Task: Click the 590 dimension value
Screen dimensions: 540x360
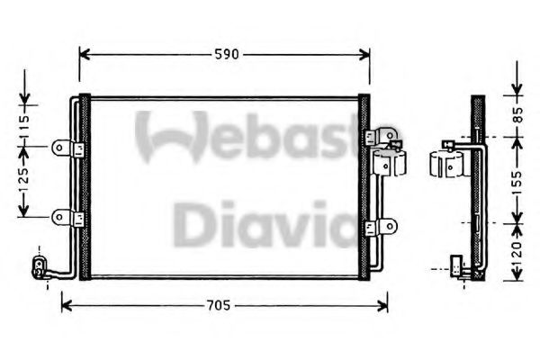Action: (x=226, y=54)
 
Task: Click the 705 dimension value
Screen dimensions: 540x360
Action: (x=218, y=305)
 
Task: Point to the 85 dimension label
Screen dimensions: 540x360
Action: (x=517, y=114)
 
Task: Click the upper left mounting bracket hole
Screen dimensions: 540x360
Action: (x=59, y=148)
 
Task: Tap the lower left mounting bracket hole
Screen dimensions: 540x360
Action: (x=59, y=218)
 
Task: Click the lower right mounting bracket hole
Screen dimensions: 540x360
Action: (x=390, y=226)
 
